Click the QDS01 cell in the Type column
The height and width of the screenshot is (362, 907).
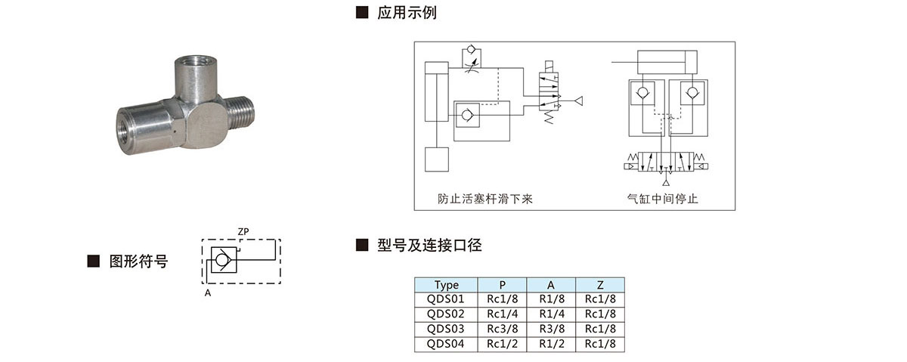(x=446, y=299)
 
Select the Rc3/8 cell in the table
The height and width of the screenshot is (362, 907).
(x=503, y=329)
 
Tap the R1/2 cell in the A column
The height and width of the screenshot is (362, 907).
(x=551, y=344)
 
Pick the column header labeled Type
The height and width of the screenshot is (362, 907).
(x=446, y=285)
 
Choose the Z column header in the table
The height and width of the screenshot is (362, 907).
(x=600, y=285)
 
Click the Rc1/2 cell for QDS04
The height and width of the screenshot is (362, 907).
(x=503, y=344)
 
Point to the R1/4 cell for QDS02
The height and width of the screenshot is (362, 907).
(x=551, y=314)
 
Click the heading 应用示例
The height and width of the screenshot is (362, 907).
(x=407, y=13)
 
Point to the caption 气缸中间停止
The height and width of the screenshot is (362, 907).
(x=663, y=199)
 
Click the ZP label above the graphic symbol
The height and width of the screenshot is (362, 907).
(x=243, y=231)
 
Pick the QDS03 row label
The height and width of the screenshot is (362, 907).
(x=446, y=329)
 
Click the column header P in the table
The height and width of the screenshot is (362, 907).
(x=503, y=285)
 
